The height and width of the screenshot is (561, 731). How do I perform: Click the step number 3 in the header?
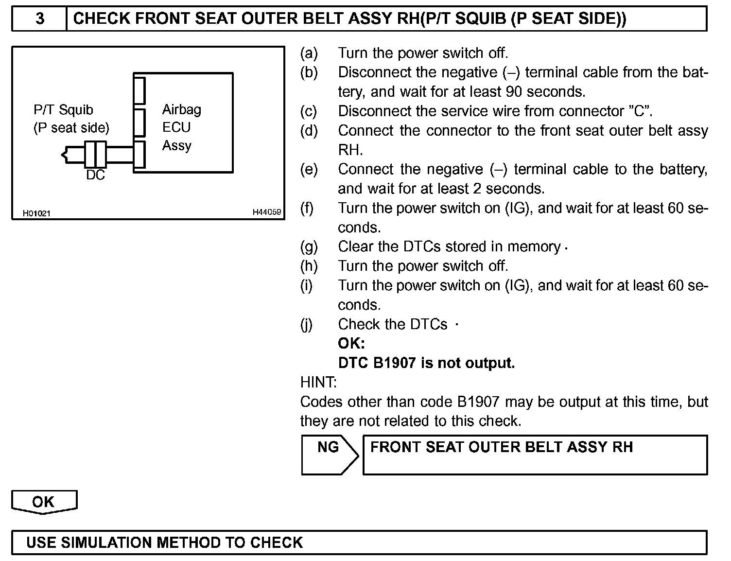click(x=40, y=19)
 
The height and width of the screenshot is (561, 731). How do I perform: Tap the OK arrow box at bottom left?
click(x=44, y=502)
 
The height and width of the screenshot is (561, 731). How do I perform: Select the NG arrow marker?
click(x=329, y=454)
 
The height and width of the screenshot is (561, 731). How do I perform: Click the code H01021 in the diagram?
click(x=36, y=213)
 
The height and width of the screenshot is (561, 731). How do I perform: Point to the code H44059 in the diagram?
click(x=266, y=212)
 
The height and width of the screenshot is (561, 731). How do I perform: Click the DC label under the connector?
click(x=95, y=175)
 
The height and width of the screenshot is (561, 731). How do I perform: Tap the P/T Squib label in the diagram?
click(x=63, y=110)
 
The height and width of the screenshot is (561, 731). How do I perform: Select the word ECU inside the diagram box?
click(x=176, y=127)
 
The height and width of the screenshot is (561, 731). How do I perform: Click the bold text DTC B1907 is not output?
click(x=426, y=363)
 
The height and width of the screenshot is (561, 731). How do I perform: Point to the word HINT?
click(x=318, y=383)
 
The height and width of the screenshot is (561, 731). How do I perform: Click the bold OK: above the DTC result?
click(x=351, y=344)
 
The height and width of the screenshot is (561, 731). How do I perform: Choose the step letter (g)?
click(x=309, y=247)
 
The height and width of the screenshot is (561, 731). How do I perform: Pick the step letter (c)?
click(x=309, y=111)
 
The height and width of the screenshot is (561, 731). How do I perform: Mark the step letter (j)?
click(x=307, y=325)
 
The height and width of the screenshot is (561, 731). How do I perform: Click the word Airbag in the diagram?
click(x=181, y=109)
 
